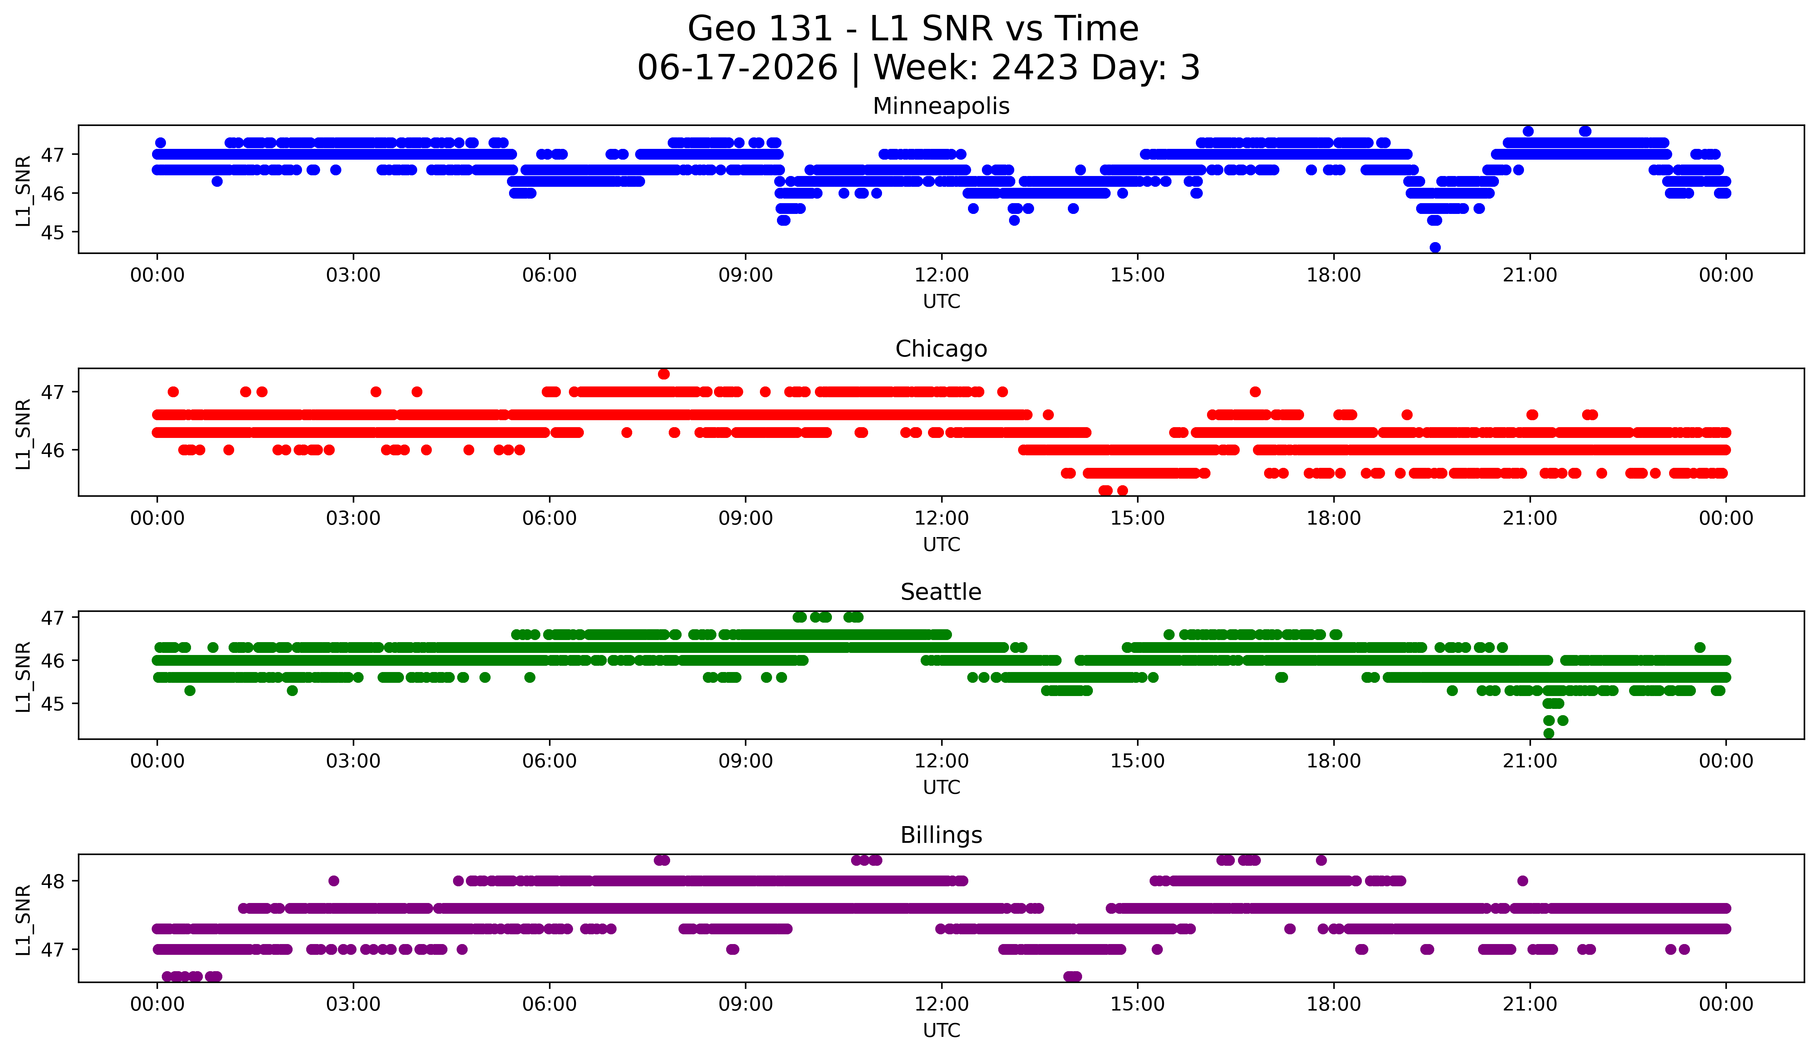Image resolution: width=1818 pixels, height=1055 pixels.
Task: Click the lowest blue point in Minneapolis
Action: (x=1435, y=247)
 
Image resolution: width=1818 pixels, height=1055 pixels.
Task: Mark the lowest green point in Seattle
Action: (x=1548, y=733)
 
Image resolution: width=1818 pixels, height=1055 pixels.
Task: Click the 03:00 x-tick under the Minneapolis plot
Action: (x=354, y=275)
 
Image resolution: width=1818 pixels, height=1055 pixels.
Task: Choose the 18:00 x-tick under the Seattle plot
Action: (x=1333, y=761)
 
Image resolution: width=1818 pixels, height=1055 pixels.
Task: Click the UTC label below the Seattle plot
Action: (x=942, y=788)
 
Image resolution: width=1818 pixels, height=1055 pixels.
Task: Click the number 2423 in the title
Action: (x=1034, y=68)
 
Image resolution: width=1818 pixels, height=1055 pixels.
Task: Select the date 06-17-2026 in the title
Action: (x=737, y=68)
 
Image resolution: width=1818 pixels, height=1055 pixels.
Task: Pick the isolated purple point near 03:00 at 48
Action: (x=333, y=880)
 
